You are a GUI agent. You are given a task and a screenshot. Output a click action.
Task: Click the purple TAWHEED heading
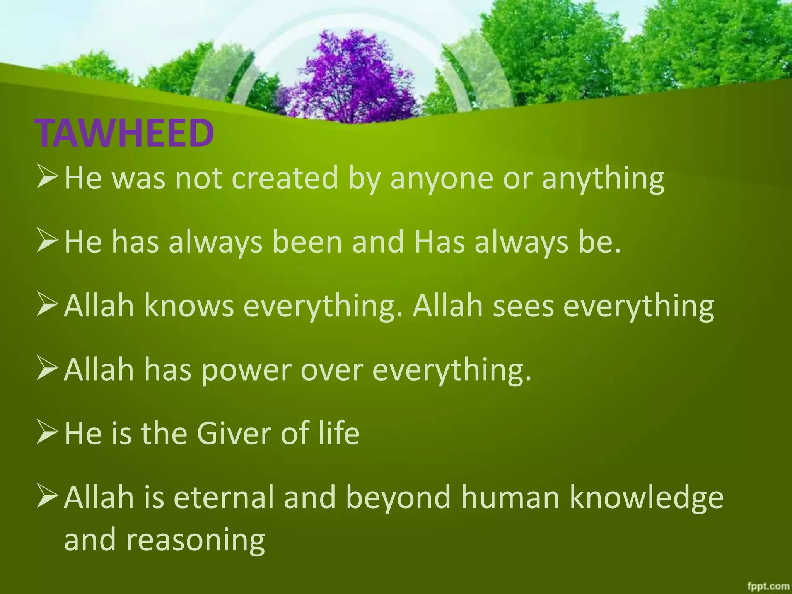124,133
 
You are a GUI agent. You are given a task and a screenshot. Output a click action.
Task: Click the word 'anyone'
441,179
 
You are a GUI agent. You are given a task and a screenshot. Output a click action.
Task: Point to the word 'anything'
603,179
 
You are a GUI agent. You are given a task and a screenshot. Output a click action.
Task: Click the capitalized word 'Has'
439,242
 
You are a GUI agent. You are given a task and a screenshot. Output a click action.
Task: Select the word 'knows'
189,306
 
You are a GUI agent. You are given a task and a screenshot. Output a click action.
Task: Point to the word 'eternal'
224,497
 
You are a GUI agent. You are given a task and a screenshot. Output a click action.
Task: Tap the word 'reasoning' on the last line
195,540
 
